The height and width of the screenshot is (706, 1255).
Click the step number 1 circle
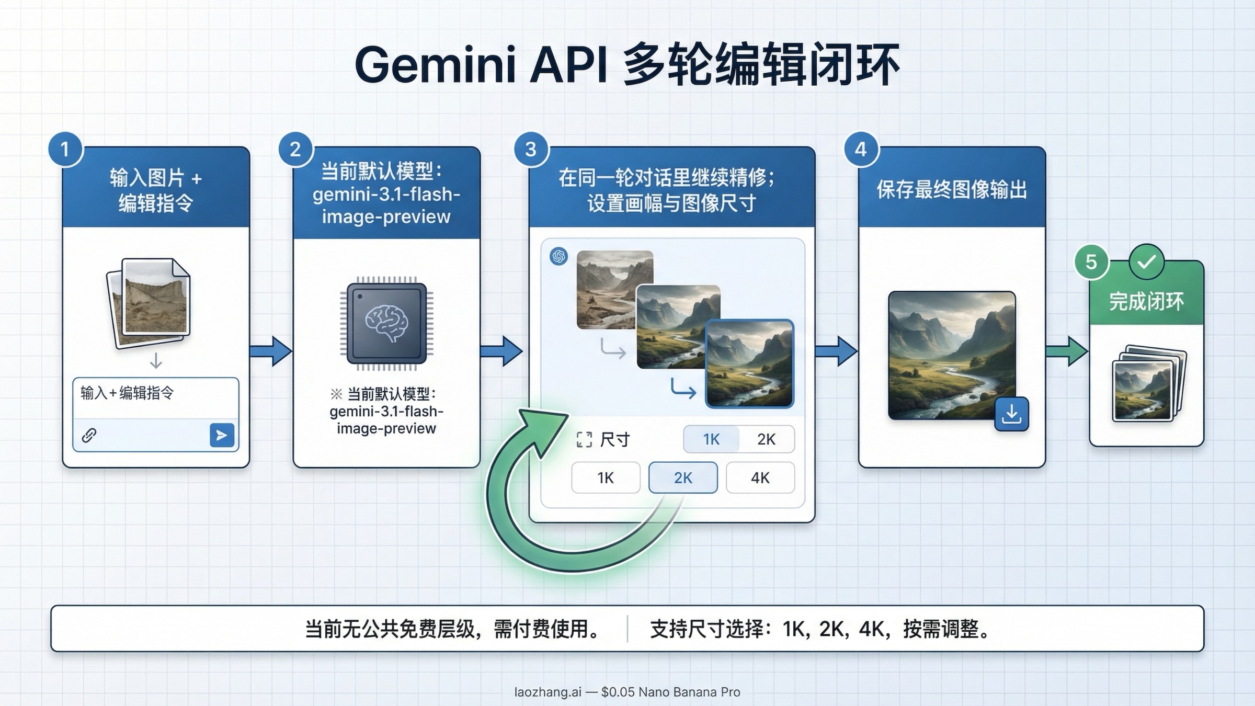pyautogui.click(x=65, y=150)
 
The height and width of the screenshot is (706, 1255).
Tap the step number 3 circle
pyautogui.click(x=531, y=150)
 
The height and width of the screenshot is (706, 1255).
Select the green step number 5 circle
pyautogui.click(x=1091, y=261)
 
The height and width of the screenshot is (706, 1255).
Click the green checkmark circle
pyautogui.click(x=1146, y=261)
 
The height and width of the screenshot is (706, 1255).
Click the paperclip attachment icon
pyautogui.click(x=89, y=435)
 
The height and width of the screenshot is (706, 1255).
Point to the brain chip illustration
pyautogui.click(x=386, y=323)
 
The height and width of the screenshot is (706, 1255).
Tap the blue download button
pyautogui.click(x=1011, y=414)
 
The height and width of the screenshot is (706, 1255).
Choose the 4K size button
pyautogui.click(x=760, y=477)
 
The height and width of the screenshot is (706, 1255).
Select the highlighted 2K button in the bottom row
pyautogui.click(x=683, y=477)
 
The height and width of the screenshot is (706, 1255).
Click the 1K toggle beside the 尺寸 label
pyautogui.click(x=711, y=439)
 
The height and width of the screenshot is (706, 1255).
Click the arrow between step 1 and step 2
pyautogui.click(x=271, y=350)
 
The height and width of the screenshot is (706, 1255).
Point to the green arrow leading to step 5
pyautogui.click(x=1067, y=351)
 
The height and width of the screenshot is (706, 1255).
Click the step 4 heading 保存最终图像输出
pyautogui.click(x=952, y=189)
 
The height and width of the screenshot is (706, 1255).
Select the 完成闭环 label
pyautogui.click(x=1147, y=302)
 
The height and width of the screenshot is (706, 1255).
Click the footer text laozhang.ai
pyautogui.click(x=547, y=692)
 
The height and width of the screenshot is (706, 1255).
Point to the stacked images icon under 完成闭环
pyautogui.click(x=1149, y=384)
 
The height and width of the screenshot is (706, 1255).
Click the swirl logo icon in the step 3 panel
pyautogui.click(x=559, y=256)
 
